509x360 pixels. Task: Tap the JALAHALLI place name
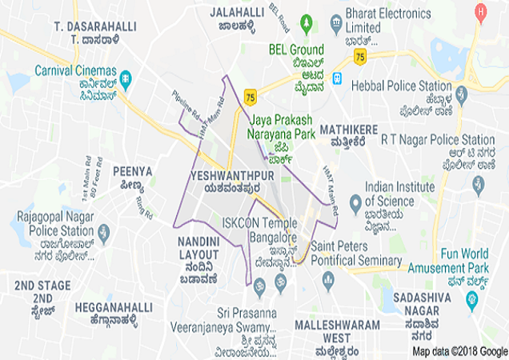237,13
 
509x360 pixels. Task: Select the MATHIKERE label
348,129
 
